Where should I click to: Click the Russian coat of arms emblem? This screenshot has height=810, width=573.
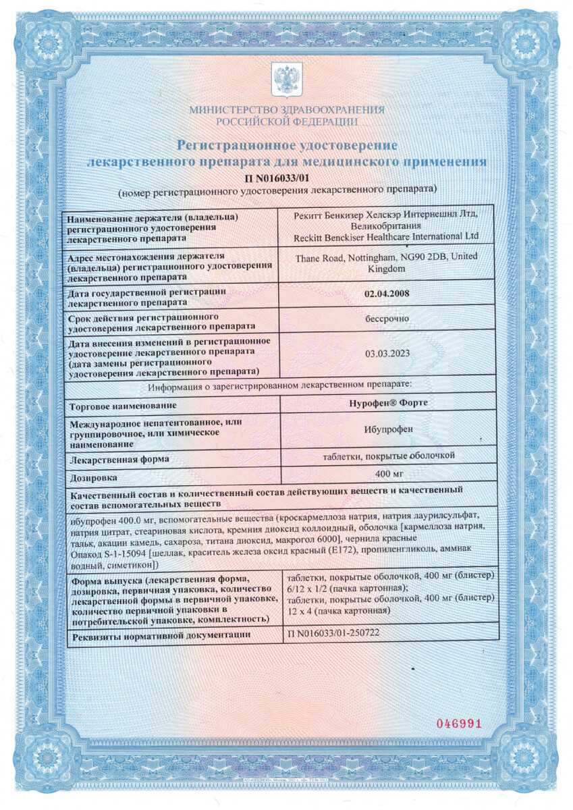(x=286, y=80)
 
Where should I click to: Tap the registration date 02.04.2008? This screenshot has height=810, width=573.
(x=387, y=294)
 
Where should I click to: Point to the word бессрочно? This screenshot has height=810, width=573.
(x=387, y=319)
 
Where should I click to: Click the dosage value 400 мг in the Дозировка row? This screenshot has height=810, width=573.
(x=387, y=473)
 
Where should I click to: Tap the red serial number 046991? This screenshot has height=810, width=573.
(x=459, y=724)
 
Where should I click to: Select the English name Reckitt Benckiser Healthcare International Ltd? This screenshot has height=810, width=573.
(x=387, y=236)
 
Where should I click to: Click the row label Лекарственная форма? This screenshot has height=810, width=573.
(x=118, y=460)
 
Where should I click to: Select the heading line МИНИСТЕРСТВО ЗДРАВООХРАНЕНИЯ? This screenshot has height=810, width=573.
(x=286, y=110)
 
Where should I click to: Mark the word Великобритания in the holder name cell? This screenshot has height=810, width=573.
(x=387, y=226)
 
